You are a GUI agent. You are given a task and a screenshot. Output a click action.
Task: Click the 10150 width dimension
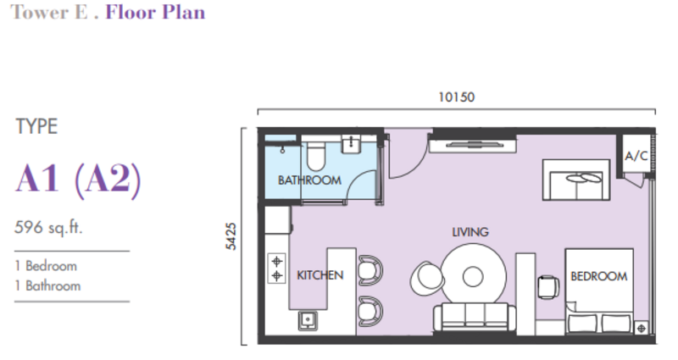457,97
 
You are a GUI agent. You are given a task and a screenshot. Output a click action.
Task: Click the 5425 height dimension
231,236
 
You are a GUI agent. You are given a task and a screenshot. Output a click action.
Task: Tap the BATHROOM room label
309,180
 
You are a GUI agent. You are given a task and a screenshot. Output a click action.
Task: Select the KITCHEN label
320,275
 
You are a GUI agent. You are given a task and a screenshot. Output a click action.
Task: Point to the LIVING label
470,232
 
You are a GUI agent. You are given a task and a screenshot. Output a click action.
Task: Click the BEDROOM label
599,276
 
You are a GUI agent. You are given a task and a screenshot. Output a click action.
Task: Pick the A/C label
636,156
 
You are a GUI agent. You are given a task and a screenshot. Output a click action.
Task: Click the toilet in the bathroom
316,156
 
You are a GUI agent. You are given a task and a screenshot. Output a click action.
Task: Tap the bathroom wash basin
352,144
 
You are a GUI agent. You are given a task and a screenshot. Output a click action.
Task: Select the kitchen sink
308,320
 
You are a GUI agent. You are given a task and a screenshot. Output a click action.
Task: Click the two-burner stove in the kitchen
277,269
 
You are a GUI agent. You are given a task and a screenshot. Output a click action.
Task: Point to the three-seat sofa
475,318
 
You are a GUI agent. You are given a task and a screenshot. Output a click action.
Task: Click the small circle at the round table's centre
473,277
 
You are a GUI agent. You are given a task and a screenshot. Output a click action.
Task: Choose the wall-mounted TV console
473,144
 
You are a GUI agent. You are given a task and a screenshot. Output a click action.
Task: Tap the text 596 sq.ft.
48,227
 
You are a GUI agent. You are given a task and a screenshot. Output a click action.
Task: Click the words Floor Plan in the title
155,12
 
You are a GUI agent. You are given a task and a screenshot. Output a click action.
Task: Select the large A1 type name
37,178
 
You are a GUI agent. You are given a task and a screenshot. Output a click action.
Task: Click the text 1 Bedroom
46,266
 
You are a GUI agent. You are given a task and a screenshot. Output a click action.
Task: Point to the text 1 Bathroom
47,285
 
